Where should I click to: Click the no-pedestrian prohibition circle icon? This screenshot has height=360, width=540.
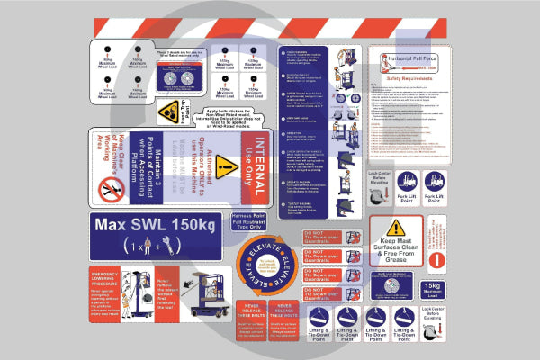(112, 188)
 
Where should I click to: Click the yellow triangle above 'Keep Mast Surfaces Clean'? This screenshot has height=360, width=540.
(396, 227)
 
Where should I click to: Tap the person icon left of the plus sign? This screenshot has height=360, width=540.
(138, 247)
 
